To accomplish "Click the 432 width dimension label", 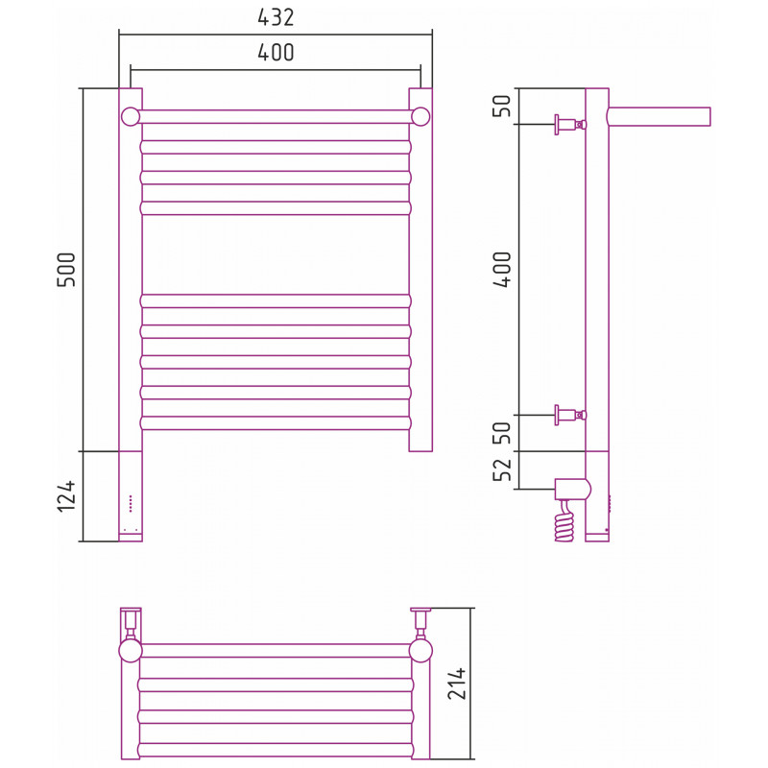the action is pyautogui.click(x=276, y=17).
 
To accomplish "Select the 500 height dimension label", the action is pyautogui.click(x=66, y=270).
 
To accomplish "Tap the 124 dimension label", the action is pyautogui.click(x=66, y=496).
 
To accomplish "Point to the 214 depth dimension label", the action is pyautogui.click(x=457, y=683).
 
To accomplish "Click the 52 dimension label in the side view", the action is pyautogui.click(x=502, y=469).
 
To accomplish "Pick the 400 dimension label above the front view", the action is pyautogui.click(x=276, y=53).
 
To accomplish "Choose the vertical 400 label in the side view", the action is pyautogui.click(x=502, y=270).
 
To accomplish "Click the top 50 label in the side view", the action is pyautogui.click(x=502, y=106).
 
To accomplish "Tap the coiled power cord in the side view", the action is pyautogui.click(x=564, y=521).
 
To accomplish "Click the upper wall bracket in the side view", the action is pyautogui.click(x=570, y=125).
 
